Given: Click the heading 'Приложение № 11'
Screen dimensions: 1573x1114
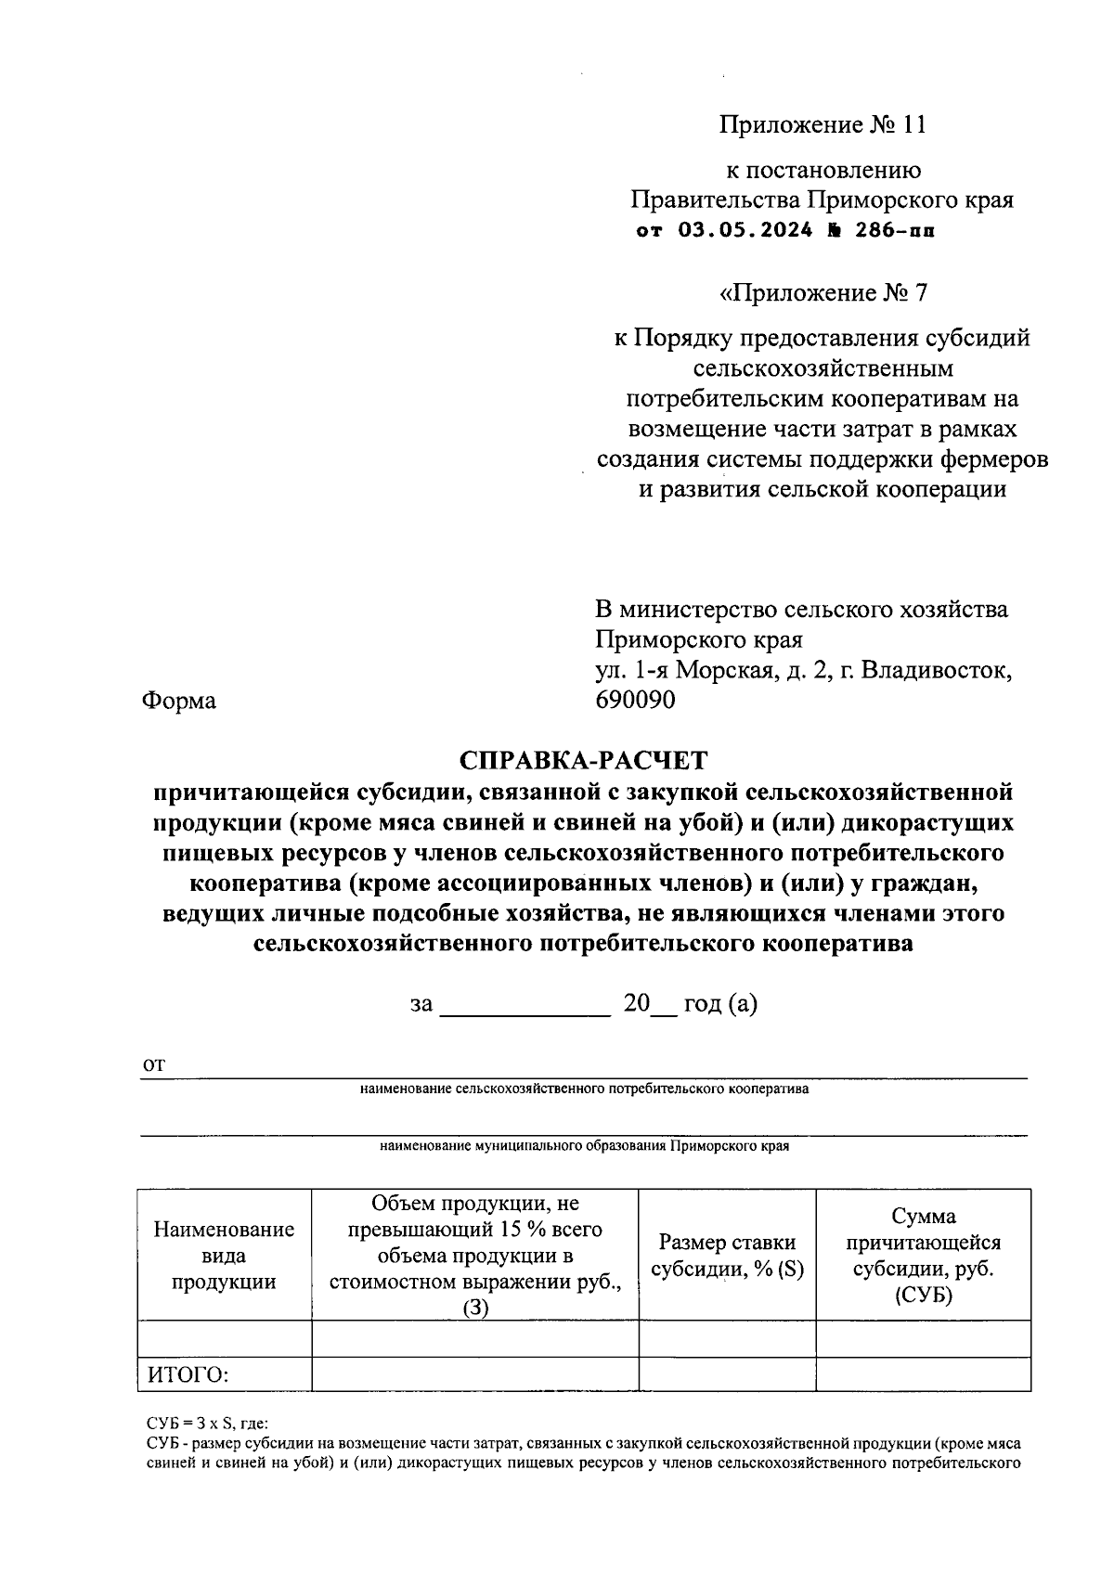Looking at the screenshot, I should click(823, 125).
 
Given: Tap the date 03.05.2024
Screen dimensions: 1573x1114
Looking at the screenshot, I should click(745, 230).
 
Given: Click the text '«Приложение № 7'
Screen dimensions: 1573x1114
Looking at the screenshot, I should click(823, 293).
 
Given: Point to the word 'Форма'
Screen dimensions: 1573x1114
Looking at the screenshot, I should click(178, 701).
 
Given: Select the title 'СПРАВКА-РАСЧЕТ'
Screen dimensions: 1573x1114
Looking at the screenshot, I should click(583, 761).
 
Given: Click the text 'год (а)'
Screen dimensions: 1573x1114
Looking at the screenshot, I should click(720, 1004).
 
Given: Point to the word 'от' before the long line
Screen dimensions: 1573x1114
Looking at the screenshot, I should click(153, 1065).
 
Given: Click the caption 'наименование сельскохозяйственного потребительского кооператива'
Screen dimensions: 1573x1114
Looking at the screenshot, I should click(583, 1089).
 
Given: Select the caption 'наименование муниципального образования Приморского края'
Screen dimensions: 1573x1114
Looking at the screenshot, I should click(583, 1146).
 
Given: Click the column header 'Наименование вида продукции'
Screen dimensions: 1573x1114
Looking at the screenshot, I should click(224, 1256).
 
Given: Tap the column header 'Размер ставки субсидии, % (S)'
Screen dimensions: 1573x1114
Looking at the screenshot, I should click(727, 1256).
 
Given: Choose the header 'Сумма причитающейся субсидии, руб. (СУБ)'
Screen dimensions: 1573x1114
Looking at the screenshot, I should click(923, 1256).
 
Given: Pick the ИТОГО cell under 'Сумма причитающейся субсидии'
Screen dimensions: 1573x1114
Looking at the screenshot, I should click(923, 1374).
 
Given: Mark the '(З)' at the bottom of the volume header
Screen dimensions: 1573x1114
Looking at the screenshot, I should click(474, 1308).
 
